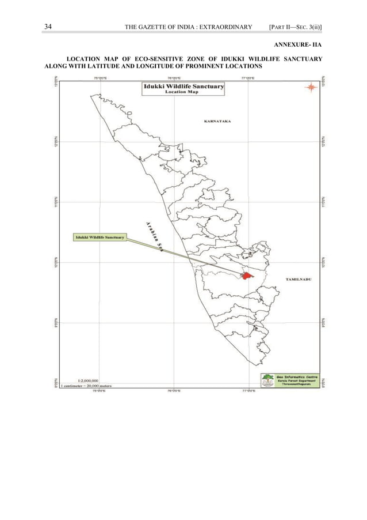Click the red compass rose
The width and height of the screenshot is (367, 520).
tap(310, 87)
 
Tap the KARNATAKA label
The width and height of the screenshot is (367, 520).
tap(217, 122)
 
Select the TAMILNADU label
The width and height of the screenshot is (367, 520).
tap(299, 278)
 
